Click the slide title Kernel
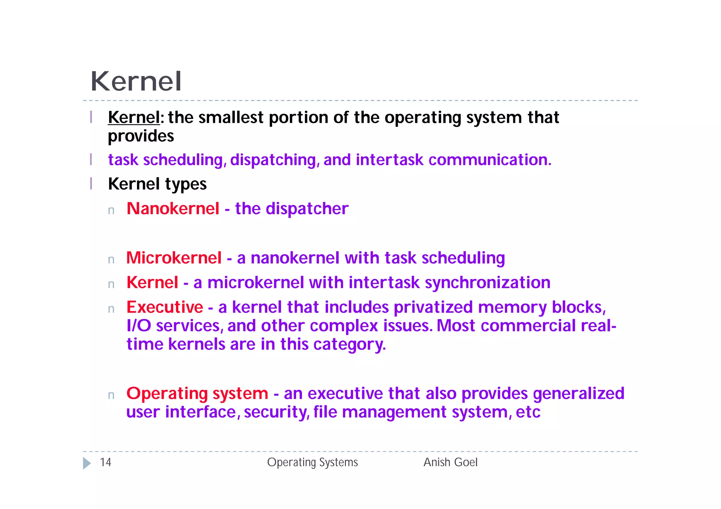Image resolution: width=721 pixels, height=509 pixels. coord(136,82)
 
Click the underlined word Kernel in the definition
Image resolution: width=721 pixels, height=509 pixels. coord(134,117)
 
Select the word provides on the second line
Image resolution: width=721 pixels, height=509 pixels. coord(141,136)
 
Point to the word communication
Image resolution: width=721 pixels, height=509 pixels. coord(489,160)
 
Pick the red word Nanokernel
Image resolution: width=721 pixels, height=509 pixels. coord(173,209)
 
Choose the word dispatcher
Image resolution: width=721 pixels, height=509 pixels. coord(307,209)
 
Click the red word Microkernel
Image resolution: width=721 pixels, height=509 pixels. coord(174,258)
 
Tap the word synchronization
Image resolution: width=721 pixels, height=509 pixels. coord(488,283)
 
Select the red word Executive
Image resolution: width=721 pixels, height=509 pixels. coord(165,307)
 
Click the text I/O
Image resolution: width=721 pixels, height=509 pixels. coord(139,326)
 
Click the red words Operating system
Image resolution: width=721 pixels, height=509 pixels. coord(197,394)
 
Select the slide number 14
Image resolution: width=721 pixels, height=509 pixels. coord(105,462)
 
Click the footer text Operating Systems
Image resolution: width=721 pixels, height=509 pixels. coord(312,462)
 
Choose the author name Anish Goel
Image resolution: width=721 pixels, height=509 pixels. coord(450,462)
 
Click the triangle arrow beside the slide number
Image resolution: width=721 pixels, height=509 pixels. coord(87,463)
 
